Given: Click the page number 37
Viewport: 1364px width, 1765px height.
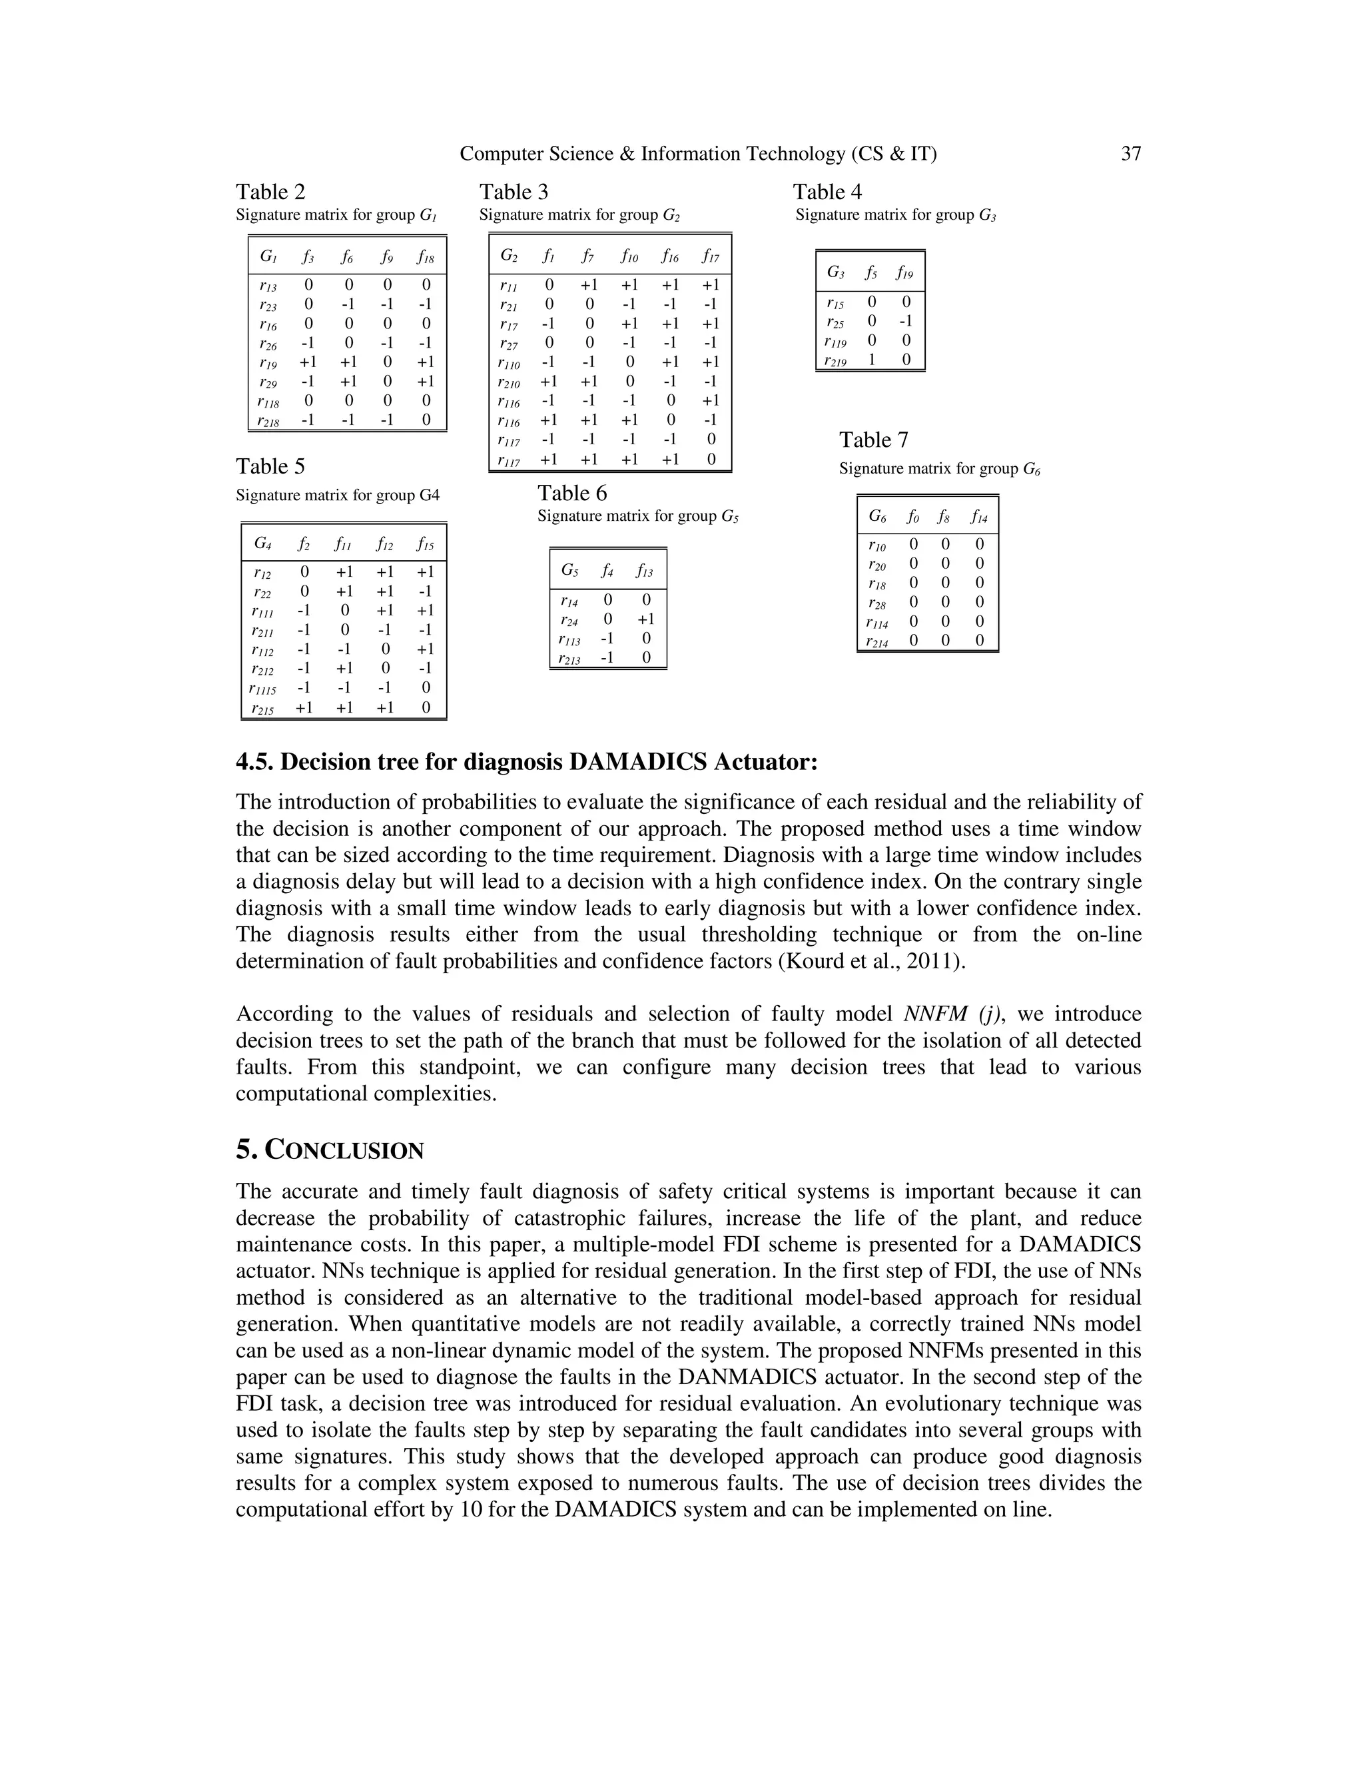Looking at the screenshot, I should pos(1130,154).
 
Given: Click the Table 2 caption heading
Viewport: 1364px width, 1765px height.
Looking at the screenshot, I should pos(270,192).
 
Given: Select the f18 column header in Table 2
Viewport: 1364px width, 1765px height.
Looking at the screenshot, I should pos(426,258).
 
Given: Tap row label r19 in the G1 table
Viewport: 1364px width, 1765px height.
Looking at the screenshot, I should pos(268,362).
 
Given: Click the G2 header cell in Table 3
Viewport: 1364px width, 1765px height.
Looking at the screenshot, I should pos(509,256).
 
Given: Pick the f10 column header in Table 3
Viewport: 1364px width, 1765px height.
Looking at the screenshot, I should pos(629,257).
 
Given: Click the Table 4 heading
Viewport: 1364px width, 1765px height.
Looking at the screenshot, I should pos(827,192).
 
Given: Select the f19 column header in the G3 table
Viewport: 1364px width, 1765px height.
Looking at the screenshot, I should pos(905,273).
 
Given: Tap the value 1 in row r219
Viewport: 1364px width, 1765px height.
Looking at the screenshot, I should pos(872,360).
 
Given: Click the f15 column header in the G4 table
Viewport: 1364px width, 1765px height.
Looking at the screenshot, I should pos(426,545).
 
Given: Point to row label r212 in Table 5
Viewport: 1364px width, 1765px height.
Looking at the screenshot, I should pos(262,668).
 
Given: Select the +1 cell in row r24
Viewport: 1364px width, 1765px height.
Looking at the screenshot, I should pos(645,619).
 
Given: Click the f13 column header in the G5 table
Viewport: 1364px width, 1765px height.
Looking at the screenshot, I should pos(644,571).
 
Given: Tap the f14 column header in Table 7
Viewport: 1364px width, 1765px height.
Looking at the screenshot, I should pos(979,516).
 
